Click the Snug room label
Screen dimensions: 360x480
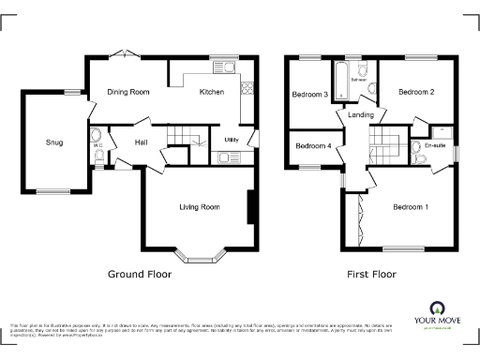coord(55,142)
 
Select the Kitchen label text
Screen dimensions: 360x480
coord(212,92)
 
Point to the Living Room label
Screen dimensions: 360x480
coord(199,206)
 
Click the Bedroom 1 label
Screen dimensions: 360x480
coord(411,206)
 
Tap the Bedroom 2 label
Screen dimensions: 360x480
coord(415,93)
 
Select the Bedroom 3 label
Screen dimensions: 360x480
coord(309,95)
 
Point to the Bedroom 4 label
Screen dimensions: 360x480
coord(312,146)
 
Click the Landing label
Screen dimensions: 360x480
coord(361,115)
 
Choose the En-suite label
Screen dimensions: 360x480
coord(435,145)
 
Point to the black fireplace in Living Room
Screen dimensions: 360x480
coord(251,207)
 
